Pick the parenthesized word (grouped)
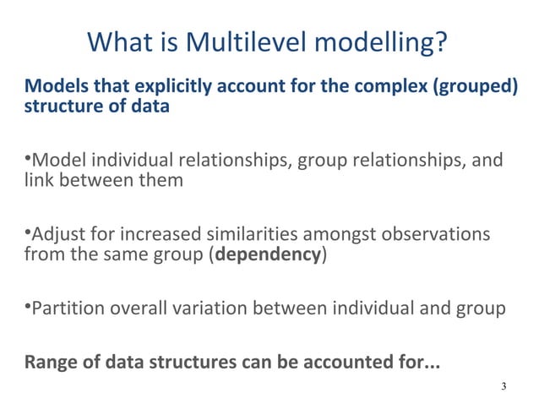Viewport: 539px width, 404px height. point(474,87)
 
